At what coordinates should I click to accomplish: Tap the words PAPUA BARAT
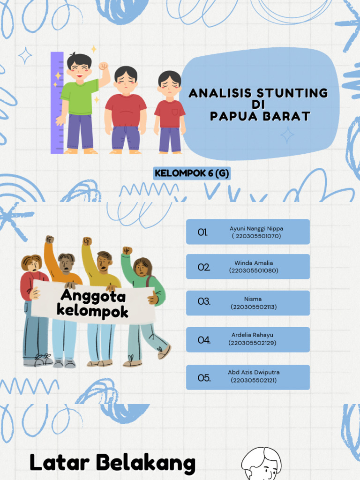pyautogui.click(x=260, y=116)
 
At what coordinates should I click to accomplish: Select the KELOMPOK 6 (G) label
pyautogui.click(x=192, y=173)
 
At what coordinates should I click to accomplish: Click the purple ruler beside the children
pyautogui.click(x=57, y=103)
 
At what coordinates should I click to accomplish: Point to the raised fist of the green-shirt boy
pyautogui.click(x=104, y=66)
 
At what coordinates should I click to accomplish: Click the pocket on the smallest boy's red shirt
pyautogui.click(x=175, y=112)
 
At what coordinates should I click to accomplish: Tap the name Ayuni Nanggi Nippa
pyautogui.click(x=256, y=229)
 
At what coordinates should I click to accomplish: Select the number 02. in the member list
pyautogui.click(x=203, y=267)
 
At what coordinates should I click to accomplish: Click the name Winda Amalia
pyautogui.click(x=254, y=263)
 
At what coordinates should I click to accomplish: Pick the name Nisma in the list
pyautogui.click(x=253, y=299)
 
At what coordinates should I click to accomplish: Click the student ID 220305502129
pyautogui.click(x=252, y=343)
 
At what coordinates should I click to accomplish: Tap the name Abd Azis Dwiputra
pyautogui.click(x=254, y=372)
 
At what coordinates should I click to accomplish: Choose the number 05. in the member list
pyautogui.click(x=204, y=378)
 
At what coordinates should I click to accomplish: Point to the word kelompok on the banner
pyautogui.click(x=92, y=311)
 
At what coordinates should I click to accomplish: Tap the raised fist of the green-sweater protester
pyautogui.click(x=127, y=251)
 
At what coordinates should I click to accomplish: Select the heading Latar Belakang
pyautogui.click(x=112, y=463)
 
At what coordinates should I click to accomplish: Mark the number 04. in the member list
pyautogui.click(x=204, y=340)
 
